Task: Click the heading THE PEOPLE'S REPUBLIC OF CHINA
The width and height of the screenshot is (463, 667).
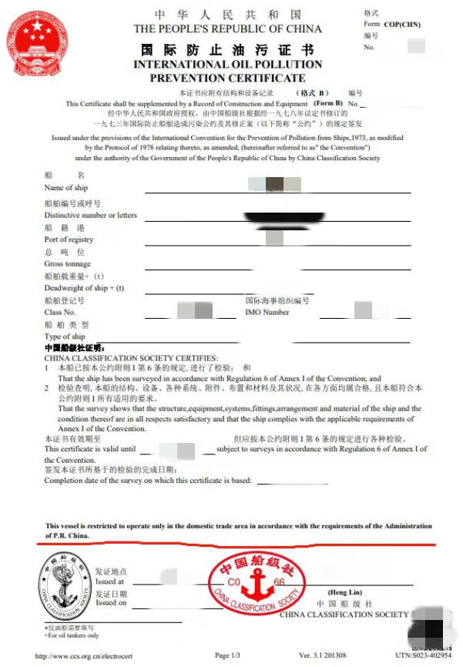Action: tap(228, 29)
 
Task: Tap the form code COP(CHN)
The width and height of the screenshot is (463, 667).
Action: tap(402, 24)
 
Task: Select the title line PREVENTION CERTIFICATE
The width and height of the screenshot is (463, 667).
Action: tap(227, 78)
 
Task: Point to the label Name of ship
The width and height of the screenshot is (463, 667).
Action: tap(66, 188)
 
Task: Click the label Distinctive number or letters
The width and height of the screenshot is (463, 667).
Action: tap(90, 216)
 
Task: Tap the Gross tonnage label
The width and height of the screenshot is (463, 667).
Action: tap(67, 264)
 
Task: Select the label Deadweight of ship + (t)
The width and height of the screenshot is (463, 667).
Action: tap(84, 288)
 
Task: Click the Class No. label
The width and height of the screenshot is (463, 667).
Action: tap(60, 313)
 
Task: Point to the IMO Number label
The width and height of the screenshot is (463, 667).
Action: tap(267, 313)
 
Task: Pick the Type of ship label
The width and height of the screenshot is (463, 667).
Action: tap(65, 337)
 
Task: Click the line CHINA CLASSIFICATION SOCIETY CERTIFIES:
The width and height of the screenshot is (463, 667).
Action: tap(131, 358)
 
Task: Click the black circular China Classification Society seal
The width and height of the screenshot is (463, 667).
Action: tap(65, 587)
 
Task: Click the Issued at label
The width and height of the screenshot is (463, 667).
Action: tap(110, 582)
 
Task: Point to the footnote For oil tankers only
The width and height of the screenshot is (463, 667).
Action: tap(72, 635)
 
